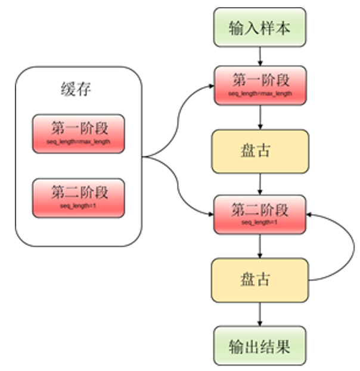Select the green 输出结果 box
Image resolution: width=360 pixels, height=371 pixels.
click(260, 345)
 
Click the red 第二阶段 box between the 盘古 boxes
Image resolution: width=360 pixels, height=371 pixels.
click(260, 213)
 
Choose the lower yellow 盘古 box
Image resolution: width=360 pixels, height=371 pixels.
click(260, 279)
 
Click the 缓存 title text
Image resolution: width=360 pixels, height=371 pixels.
click(77, 91)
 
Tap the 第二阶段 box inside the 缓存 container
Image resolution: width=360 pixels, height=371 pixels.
click(79, 197)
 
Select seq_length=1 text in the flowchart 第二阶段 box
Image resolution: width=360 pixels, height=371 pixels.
click(260, 222)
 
